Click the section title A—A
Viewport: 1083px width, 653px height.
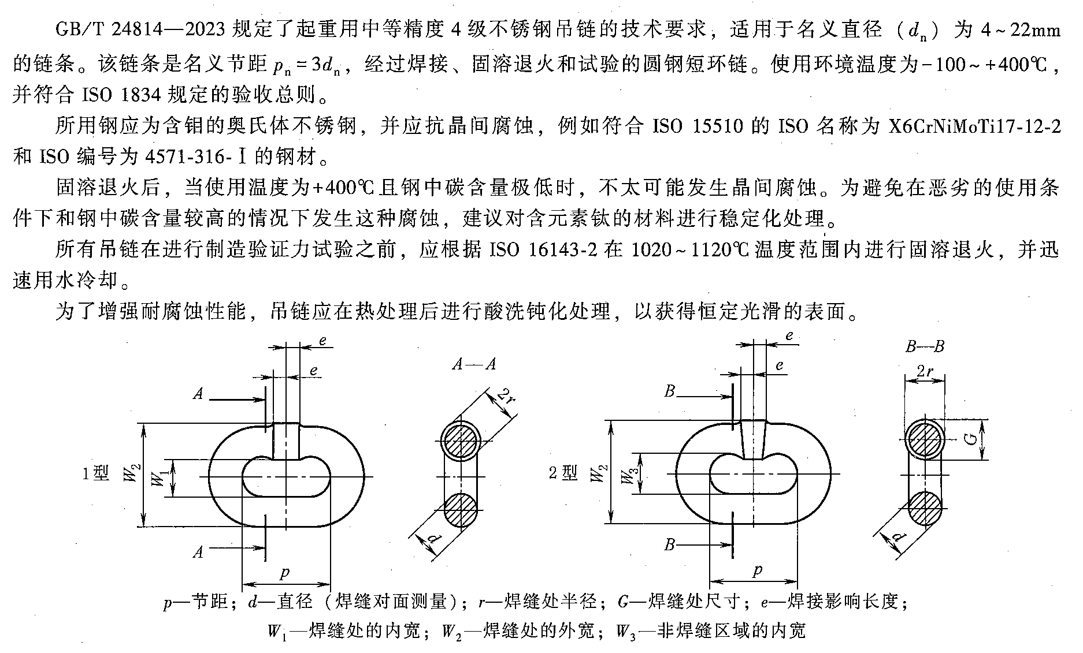474,364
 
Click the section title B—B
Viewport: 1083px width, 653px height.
924,347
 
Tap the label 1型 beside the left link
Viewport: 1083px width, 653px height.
95,474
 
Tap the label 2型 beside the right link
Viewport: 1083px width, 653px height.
563,473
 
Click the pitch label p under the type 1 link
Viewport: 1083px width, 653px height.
284,573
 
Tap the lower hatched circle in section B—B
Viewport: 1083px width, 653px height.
925,508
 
